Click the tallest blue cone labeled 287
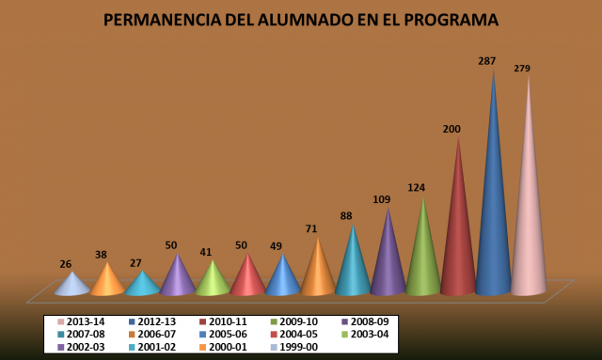[493, 199]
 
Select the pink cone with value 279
[529, 203]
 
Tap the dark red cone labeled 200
[458, 230]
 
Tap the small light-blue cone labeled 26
[72, 286]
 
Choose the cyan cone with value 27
[142, 286]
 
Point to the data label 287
[487, 61]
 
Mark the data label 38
[101, 255]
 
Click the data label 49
[276, 246]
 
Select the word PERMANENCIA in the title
[163, 20]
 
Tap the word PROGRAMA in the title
[451, 20]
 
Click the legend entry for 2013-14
[81, 321]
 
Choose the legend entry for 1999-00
[294, 347]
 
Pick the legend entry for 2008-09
[365, 321]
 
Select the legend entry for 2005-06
[223, 335]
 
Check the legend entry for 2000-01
[223, 347]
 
